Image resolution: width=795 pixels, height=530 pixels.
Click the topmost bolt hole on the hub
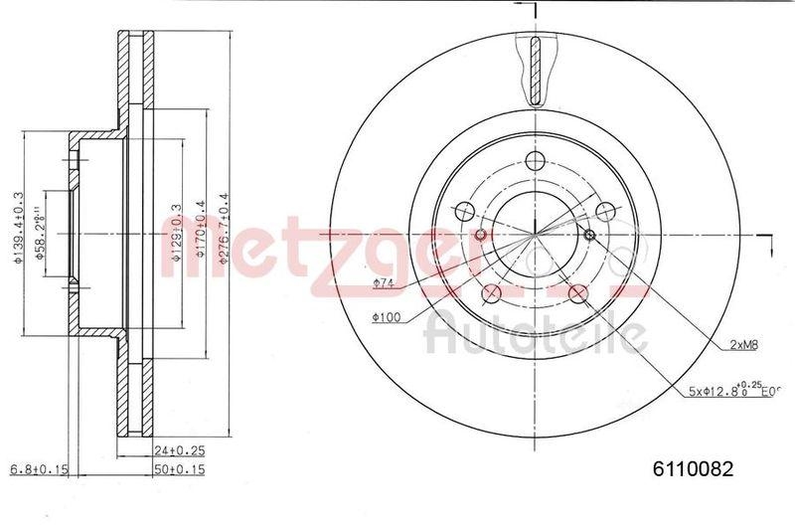point(536,163)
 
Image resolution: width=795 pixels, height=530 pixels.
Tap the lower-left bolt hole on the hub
point(491,293)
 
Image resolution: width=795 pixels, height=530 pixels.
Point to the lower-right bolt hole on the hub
point(578,293)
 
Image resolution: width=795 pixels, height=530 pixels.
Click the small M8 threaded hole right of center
point(590,235)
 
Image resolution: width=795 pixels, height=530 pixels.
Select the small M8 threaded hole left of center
point(481,235)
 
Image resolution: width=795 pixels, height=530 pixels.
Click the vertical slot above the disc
point(536,70)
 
